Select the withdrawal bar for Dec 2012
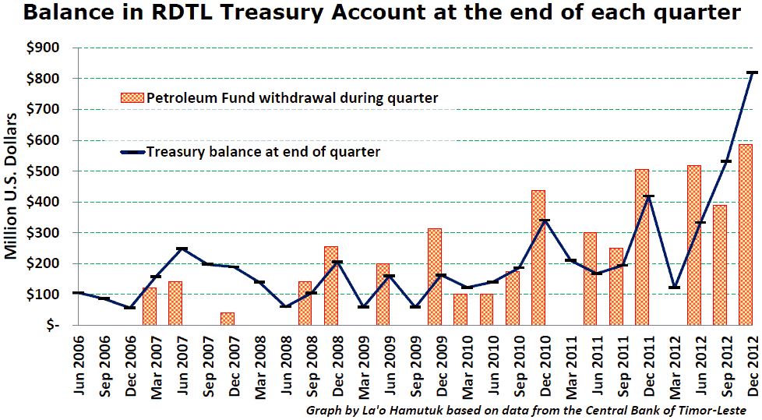click(x=746, y=234)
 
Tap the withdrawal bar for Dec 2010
click(x=538, y=257)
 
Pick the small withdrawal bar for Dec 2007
click(x=227, y=319)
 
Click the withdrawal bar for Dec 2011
click(x=642, y=246)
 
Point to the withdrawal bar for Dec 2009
click(x=435, y=277)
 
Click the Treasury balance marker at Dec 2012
click(x=753, y=72)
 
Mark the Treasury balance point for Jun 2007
click(x=182, y=249)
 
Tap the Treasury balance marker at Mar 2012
click(x=675, y=288)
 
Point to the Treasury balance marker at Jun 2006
click(x=78, y=293)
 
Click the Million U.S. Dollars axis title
click(x=12, y=186)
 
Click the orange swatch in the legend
click(x=130, y=98)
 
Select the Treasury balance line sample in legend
click(x=130, y=152)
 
